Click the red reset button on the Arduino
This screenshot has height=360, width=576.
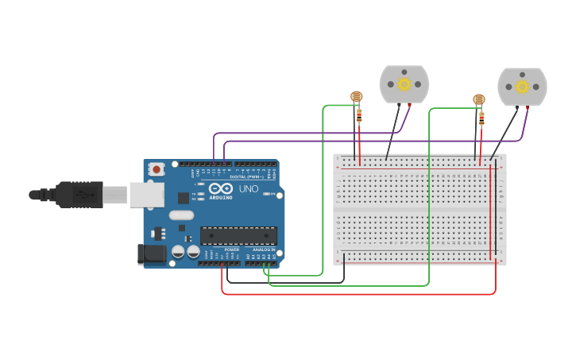(157, 168)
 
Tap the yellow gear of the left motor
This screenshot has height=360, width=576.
(404, 83)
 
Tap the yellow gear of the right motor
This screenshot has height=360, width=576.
(522, 86)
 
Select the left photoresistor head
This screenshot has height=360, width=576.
(357, 97)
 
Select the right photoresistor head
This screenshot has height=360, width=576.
(478, 99)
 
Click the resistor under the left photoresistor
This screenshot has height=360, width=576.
(359, 116)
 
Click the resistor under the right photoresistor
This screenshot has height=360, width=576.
(481, 119)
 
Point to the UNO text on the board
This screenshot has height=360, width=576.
(249, 190)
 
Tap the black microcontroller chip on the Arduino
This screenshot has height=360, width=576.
(238, 235)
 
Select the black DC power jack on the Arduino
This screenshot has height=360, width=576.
(151, 254)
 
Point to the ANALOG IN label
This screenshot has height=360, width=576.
(263, 250)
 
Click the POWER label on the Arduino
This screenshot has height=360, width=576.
(231, 250)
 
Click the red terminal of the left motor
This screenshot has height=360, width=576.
(410, 104)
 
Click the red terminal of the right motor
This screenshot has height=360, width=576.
(528, 106)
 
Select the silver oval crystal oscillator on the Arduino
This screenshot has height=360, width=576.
(181, 215)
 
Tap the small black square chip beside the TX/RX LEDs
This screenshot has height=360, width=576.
(184, 197)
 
